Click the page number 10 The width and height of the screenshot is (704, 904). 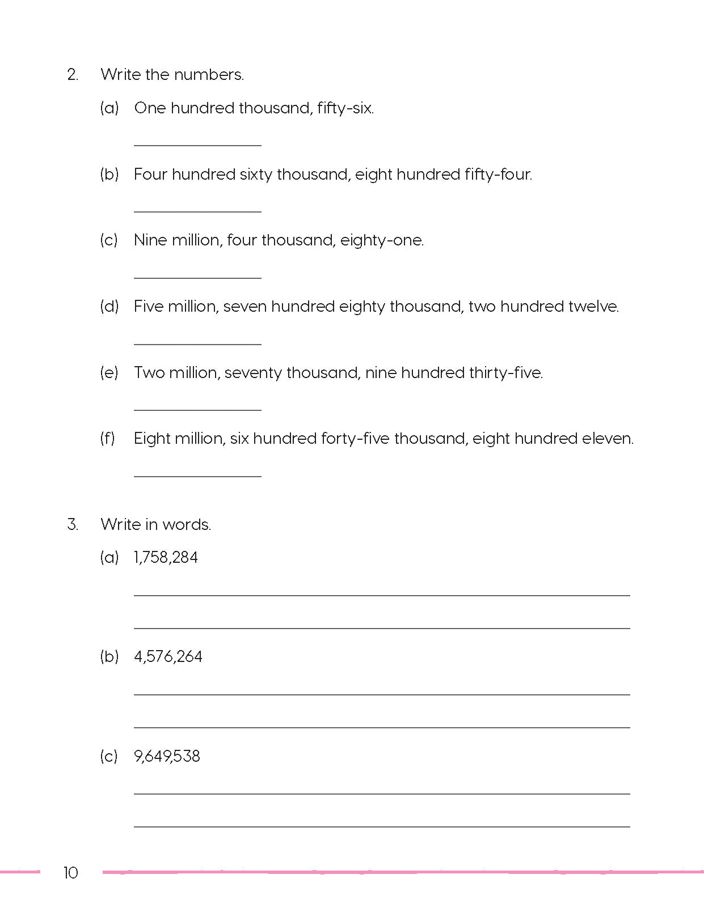pyautogui.click(x=70, y=872)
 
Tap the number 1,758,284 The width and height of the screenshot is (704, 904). pyautogui.click(x=166, y=558)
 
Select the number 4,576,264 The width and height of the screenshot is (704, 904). pyautogui.click(x=168, y=657)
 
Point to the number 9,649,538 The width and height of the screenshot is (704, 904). pyautogui.click(x=167, y=756)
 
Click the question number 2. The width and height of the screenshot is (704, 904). pyautogui.click(x=73, y=75)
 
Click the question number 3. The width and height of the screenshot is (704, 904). pyautogui.click(x=73, y=524)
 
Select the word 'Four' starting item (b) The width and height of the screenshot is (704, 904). pyautogui.click(x=150, y=175)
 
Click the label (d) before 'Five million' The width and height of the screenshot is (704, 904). pyautogui.click(x=109, y=307)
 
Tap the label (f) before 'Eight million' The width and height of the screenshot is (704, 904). pyautogui.click(x=108, y=439)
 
